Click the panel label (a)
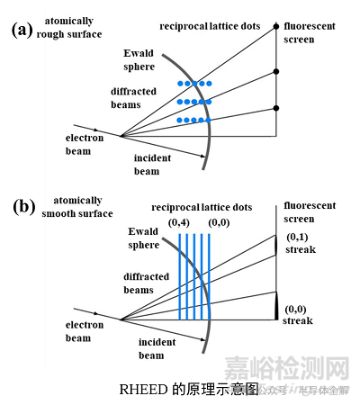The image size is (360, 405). click(22, 29)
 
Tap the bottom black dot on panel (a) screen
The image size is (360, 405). click(275, 110)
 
